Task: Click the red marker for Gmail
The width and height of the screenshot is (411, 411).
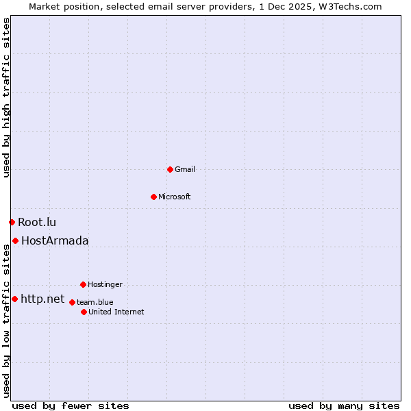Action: coord(170,169)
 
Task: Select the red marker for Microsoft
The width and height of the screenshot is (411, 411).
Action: coord(153,197)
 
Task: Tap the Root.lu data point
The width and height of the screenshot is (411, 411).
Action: coord(12,222)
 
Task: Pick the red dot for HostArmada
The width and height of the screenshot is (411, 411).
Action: coord(15,240)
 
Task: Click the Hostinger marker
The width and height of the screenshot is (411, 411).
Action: coord(83,284)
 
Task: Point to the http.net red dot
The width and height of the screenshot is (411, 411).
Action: coord(14,299)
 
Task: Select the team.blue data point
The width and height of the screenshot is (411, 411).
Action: coord(72,302)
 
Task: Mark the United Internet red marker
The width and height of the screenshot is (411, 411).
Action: coord(84,312)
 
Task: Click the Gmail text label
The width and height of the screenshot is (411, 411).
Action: coord(185,169)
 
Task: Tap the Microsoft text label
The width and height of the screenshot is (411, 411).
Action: coord(175,197)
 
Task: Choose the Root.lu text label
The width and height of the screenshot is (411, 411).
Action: coord(37,222)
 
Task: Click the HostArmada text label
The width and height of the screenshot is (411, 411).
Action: coord(55,240)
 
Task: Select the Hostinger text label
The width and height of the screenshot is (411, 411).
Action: coord(105,284)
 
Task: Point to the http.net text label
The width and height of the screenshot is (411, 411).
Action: coord(42,299)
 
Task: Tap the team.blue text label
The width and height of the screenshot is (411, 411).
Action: coord(95,302)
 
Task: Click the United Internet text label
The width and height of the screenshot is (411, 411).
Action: coord(116,312)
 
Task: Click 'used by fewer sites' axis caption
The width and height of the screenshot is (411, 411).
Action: coord(71,406)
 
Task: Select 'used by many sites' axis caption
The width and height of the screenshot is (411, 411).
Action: coord(344,406)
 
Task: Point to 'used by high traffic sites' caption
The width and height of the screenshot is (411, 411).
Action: coord(6,97)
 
